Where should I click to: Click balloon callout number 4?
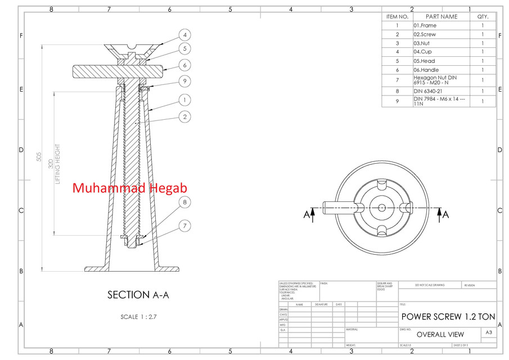pos(185,34)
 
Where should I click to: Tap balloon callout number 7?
pos(184,226)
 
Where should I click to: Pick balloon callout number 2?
pos(184,117)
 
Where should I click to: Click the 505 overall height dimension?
pos(39,156)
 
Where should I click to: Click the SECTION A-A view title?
pos(138,295)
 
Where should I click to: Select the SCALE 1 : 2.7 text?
pos(138,317)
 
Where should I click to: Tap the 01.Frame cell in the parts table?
pos(425,26)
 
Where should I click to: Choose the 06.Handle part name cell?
pos(426,70)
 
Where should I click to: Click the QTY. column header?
pos(483,17)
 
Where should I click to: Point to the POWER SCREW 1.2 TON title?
pos(448,317)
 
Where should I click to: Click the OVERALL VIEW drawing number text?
pos(440,334)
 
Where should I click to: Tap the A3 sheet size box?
pos(489,333)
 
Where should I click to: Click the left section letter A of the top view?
pos(307,214)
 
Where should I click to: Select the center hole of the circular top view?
pos(382,207)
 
